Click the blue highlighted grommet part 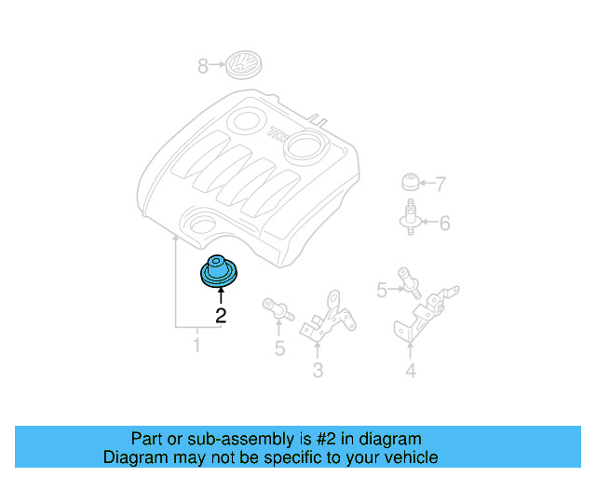(221, 271)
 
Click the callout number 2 (221, 315)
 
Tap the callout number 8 (202, 66)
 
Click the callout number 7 (440, 184)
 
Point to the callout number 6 (444, 223)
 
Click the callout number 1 (196, 347)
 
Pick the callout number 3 (318, 373)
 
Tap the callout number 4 (411, 374)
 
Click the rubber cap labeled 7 (409, 181)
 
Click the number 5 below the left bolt (278, 349)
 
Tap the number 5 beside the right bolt (382, 291)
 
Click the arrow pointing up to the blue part (221, 295)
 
